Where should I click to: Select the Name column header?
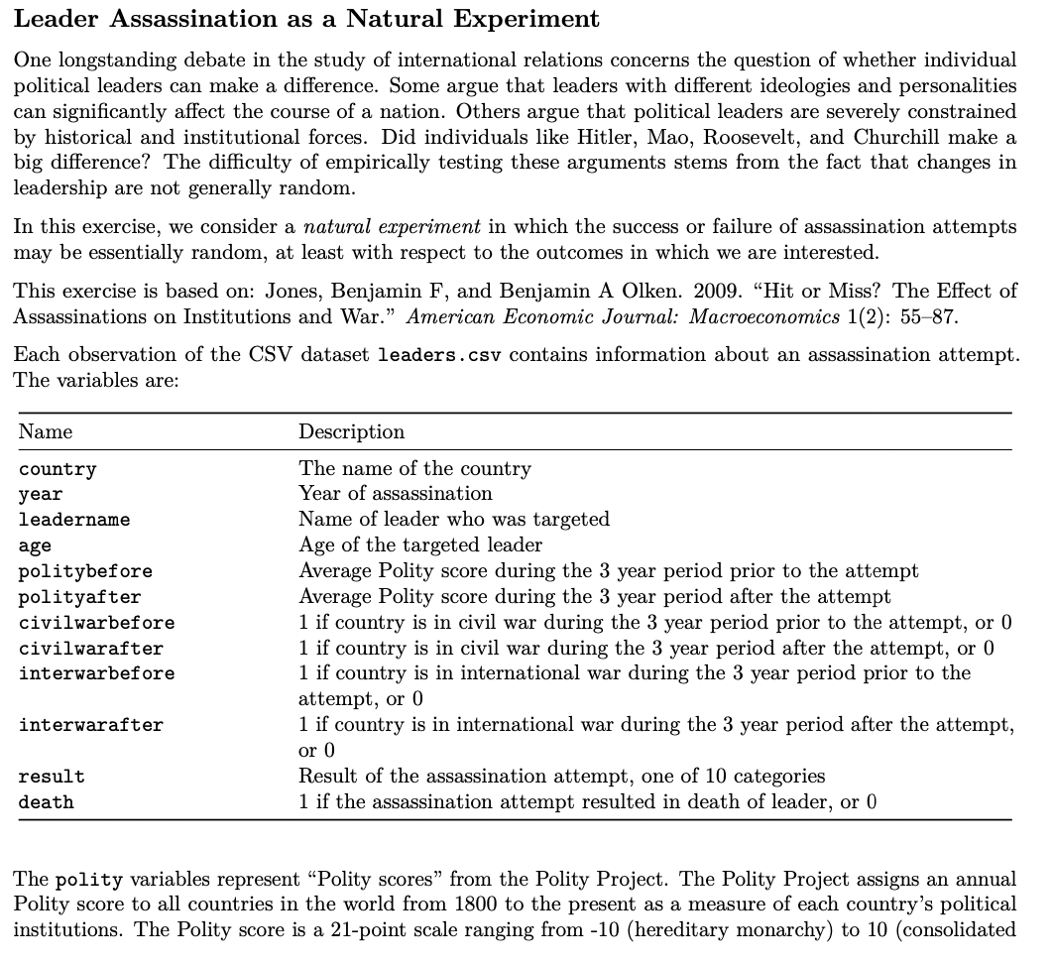(46, 431)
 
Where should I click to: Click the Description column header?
(351, 431)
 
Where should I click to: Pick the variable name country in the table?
(58, 469)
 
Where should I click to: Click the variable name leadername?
(74, 520)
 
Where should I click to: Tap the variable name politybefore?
(85, 571)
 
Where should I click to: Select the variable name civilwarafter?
(91, 649)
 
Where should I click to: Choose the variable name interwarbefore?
(96, 674)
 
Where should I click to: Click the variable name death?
(46, 802)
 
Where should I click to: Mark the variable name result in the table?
(52, 777)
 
